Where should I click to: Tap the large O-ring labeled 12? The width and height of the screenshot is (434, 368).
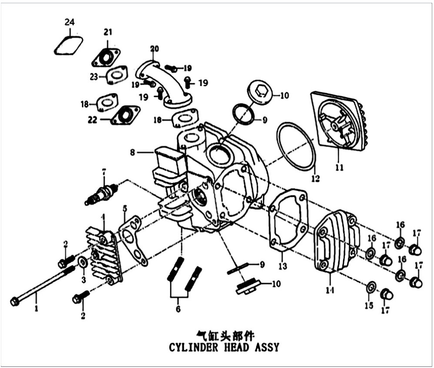click(296, 147)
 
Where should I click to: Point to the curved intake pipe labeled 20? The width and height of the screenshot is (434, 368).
click(164, 84)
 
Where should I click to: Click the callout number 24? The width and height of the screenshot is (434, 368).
click(70, 22)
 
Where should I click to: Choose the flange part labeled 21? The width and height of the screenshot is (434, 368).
click(106, 58)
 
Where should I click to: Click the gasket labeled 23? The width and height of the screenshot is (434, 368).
click(117, 75)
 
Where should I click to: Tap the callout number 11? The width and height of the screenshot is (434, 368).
click(340, 167)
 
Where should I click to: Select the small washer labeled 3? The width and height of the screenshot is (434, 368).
click(82, 262)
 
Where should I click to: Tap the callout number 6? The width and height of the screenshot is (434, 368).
click(178, 308)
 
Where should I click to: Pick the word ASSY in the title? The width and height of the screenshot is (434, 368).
click(267, 347)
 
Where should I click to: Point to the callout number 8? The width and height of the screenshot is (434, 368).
click(133, 152)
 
